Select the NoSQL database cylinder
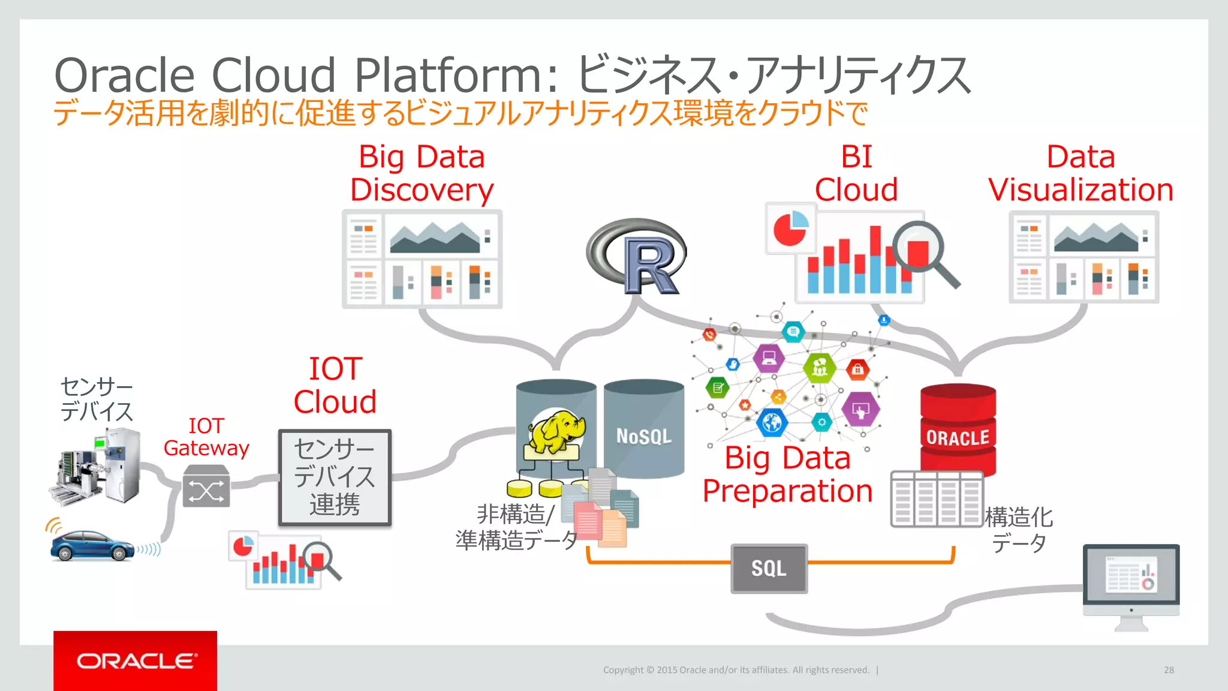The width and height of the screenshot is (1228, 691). coord(643,429)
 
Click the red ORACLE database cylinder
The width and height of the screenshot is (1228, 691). coord(958,429)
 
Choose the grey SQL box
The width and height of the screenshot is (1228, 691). coord(769,568)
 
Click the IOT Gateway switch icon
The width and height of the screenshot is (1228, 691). coord(206,486)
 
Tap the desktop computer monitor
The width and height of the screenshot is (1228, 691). coord(1131,579)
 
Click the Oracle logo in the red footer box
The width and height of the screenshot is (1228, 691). coord(136,661)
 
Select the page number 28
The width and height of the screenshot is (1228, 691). coord(1169,670)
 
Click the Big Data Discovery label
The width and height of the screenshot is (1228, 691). coord(422,173)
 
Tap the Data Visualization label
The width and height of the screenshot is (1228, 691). coord(1080,173)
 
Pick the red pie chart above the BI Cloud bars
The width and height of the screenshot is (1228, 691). coord(790,229)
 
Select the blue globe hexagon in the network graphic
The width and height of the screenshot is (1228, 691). coord(772,423)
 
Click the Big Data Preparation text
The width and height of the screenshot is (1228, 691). coord(787,474)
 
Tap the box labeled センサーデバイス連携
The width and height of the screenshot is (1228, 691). coord(335,477)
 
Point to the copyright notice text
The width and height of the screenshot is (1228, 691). coord(736,670)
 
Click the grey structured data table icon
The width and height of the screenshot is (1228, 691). coord(936,499)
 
